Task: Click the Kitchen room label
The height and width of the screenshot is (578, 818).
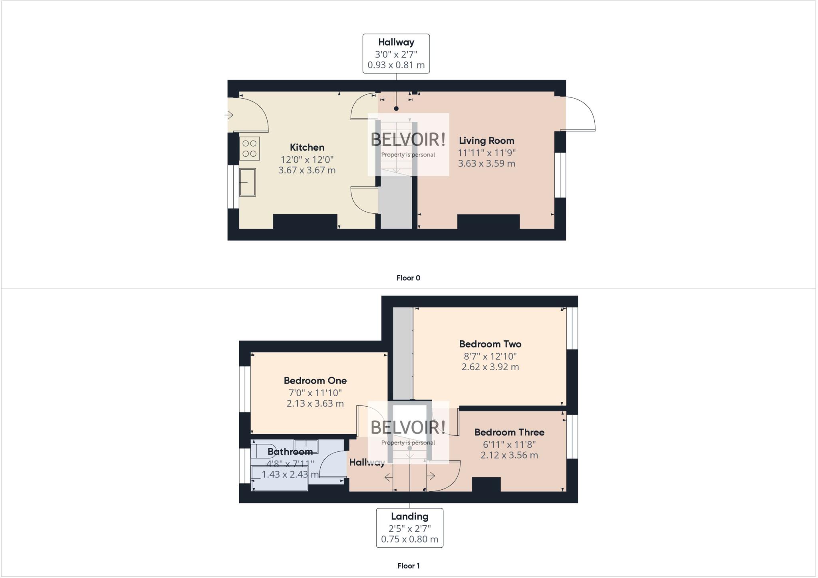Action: pos(307,147)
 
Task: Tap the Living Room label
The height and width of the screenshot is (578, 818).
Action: pos(486,141)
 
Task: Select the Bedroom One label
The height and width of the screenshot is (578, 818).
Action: pos(315,380)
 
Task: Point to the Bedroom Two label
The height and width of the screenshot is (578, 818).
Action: pos(490,344)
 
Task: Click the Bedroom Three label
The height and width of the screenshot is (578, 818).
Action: pos(509,432)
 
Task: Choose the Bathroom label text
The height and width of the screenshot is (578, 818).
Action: pos(290,452)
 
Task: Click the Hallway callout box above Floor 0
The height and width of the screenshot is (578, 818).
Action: pos(396,54)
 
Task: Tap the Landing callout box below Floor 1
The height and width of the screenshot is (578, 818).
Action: pos(409,527)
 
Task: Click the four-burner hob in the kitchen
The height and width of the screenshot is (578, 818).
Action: pos(250,149)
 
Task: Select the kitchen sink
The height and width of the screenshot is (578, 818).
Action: pos(248,182)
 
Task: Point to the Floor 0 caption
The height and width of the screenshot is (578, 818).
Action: pos(408,278)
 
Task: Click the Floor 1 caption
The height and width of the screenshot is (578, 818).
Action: pos(408,566)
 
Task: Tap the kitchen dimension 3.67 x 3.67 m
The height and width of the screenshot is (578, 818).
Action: pos(307,170)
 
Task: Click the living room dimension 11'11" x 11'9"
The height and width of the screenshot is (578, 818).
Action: pos(486,153)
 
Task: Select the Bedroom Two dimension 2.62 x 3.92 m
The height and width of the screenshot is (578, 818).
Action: pos(490,367)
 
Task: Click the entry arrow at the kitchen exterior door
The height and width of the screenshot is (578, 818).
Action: pos(229,115)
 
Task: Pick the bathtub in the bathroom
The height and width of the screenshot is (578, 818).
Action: pos(280,478)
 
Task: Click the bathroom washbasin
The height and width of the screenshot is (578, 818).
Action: pos(306,446)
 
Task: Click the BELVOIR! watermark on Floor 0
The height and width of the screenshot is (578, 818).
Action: pos(408,140)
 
